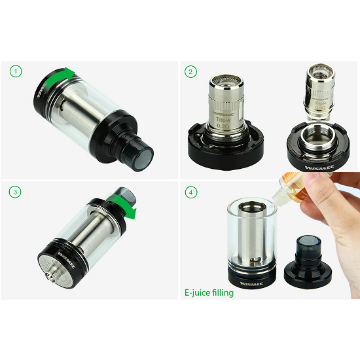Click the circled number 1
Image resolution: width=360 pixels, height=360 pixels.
[16, 71]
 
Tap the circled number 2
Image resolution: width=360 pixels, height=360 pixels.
[190, 71]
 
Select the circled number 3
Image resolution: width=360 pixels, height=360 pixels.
[16, 192]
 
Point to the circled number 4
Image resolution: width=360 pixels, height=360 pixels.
[190, 192]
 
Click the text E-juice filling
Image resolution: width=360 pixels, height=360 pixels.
[209, 293]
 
